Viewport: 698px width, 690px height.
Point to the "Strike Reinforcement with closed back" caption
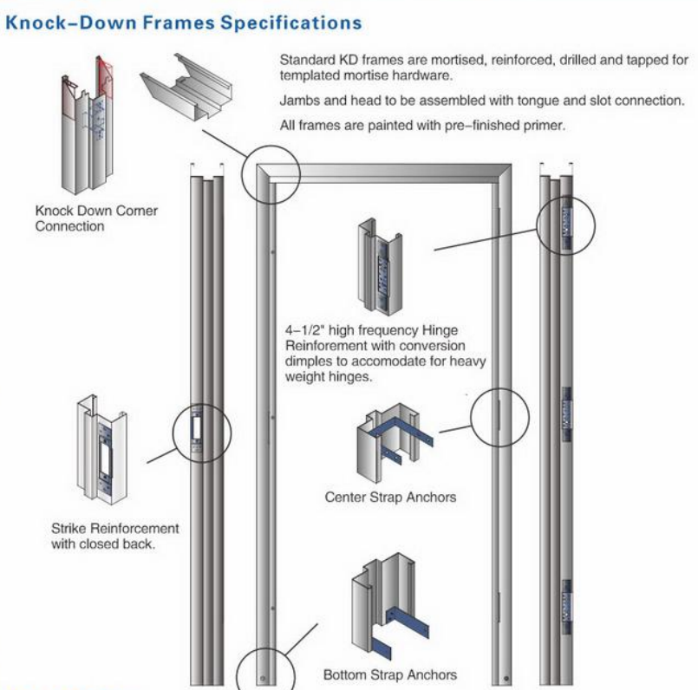pyautogui.click(x=114, y=536)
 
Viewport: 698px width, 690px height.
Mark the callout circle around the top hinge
pyautogui.click(x=568, y=223)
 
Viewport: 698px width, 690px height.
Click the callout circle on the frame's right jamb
pyautogui.click(x=500, y=418)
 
